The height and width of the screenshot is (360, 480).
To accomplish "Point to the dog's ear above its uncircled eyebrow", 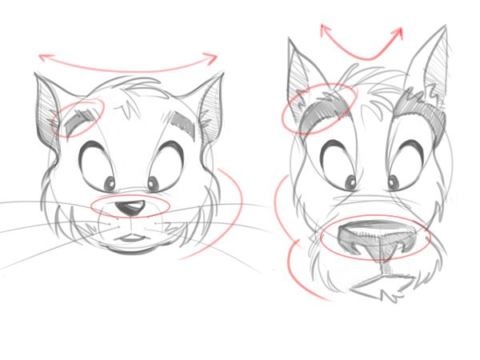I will pyautogui.click(x=432, y=64).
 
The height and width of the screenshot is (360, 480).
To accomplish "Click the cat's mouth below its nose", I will pyautogui.click(x=128, y=238).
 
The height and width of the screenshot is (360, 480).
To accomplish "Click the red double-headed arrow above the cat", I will pyautogui.click(x=128, y=58).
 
